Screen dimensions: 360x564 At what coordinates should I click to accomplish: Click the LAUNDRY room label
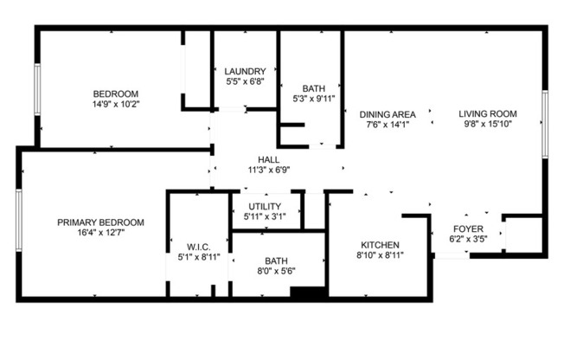243,71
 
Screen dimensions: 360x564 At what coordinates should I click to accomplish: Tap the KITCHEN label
381,245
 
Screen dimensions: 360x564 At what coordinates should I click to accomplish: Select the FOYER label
468,229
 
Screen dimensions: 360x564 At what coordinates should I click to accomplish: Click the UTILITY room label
264,205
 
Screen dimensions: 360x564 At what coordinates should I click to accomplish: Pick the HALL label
268,159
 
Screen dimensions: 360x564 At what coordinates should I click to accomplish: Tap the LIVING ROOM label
488,114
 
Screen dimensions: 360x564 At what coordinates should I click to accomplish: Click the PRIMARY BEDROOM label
100,222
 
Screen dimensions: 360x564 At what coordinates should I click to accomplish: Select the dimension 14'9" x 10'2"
116,104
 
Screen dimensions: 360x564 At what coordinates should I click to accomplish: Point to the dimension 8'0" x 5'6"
276,271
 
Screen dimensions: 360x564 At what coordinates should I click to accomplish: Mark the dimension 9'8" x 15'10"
488,125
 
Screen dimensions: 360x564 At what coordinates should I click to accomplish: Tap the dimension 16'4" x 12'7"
100,233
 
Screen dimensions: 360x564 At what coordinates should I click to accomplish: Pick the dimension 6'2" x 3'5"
468,240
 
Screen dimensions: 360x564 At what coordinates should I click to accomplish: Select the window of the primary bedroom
18,220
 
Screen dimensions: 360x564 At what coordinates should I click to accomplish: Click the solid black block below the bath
306,293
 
